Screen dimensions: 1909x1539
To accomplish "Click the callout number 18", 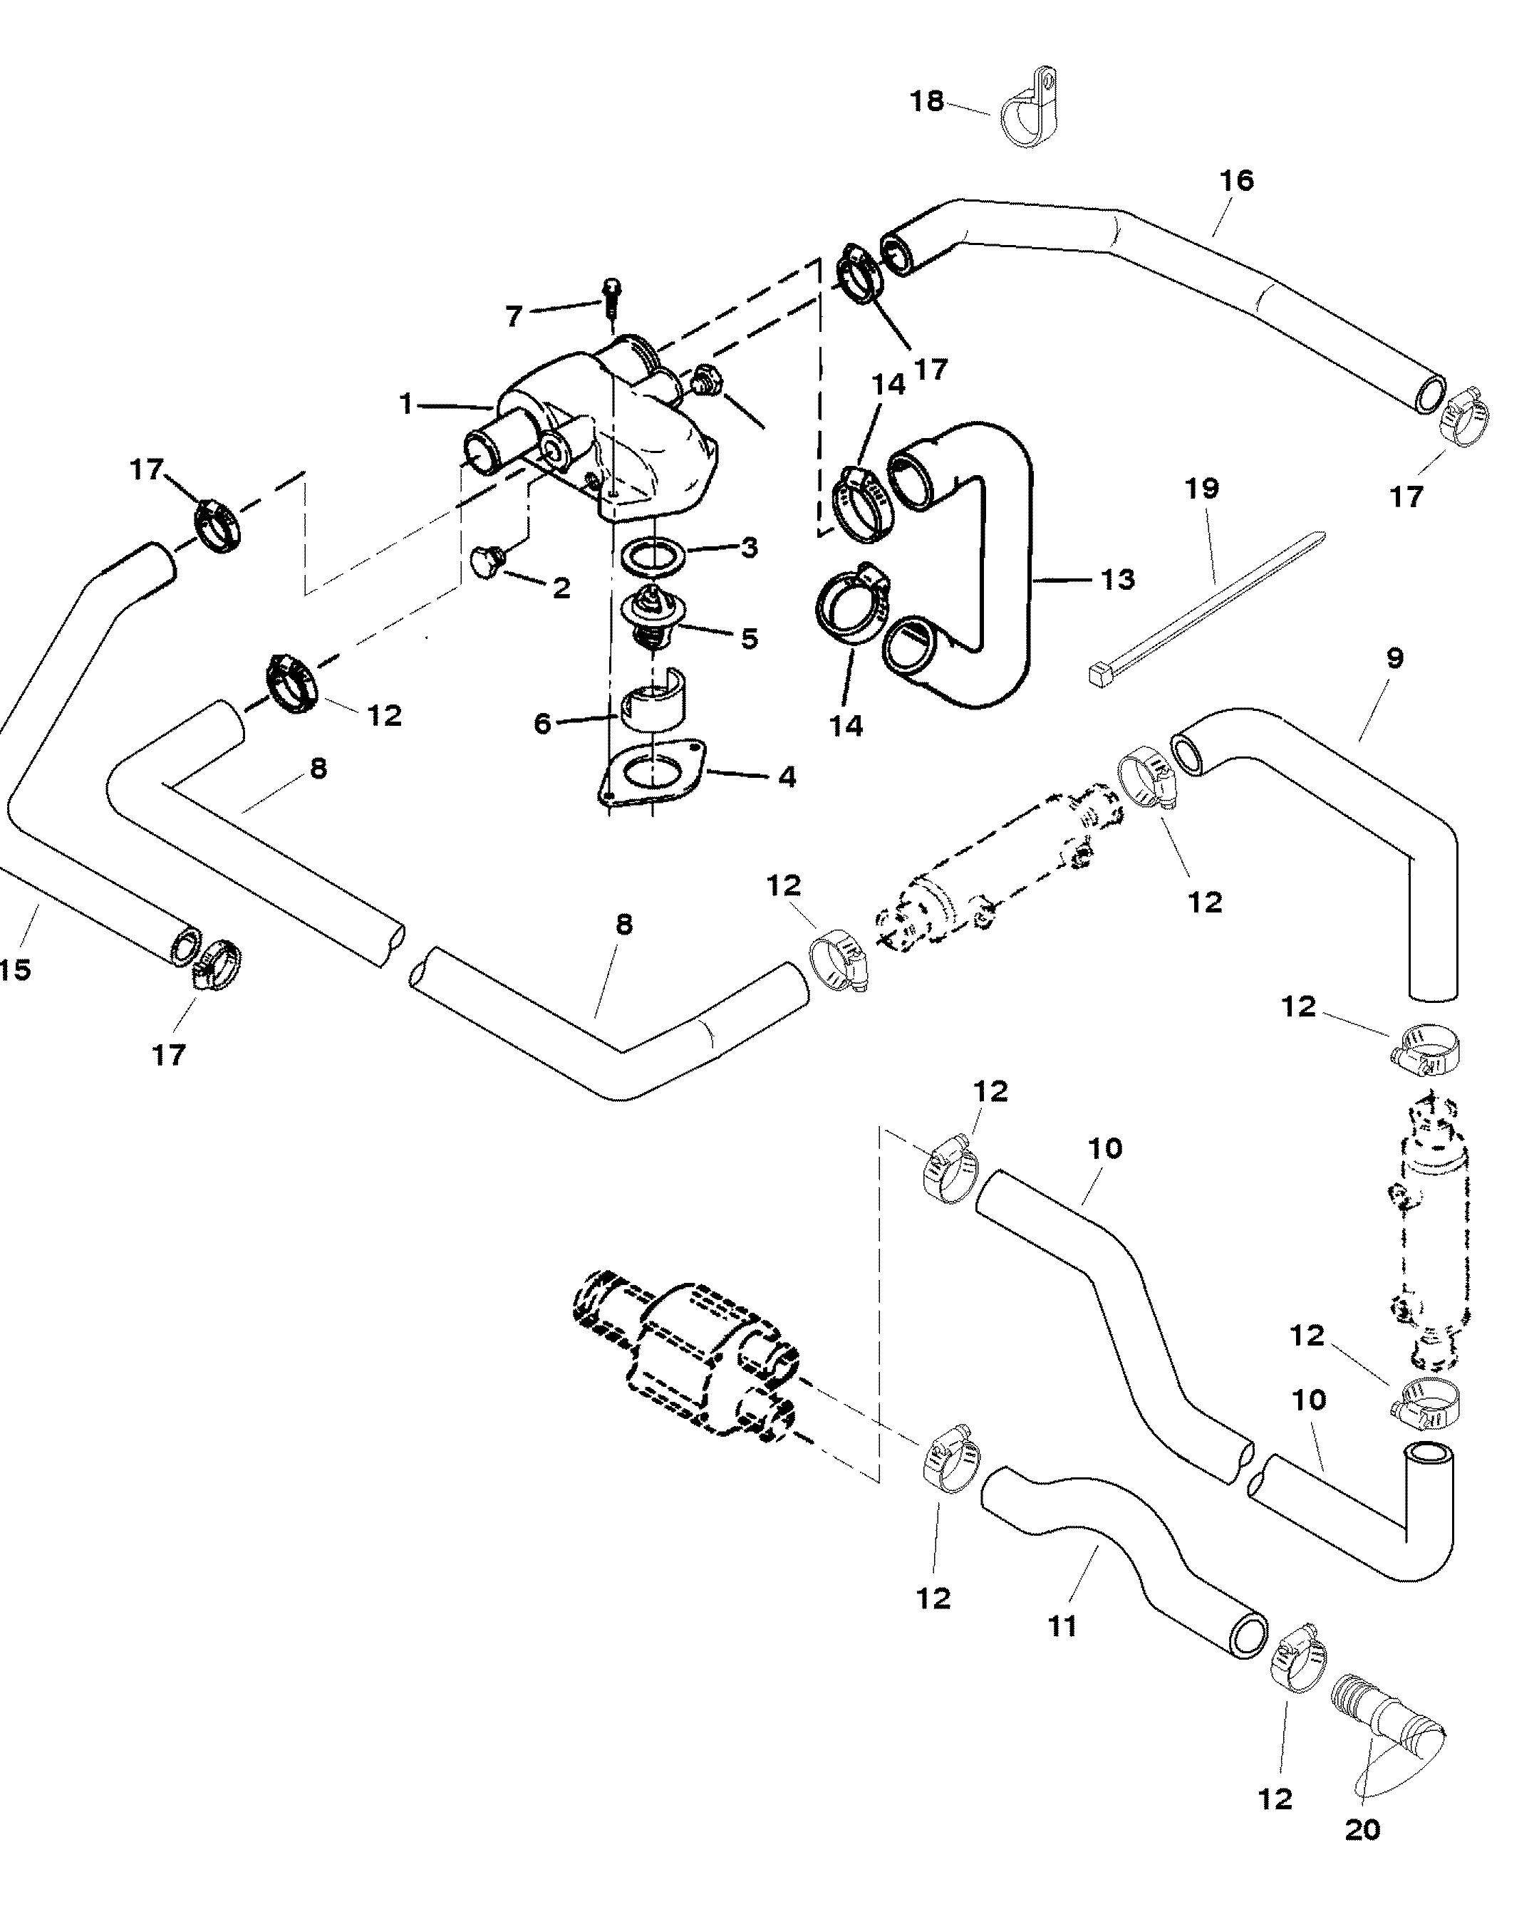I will (927, 102).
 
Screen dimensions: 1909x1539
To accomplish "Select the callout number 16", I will (1237, 181).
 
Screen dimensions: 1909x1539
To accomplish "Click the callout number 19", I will (1202, 489).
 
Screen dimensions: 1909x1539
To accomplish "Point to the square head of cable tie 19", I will (1100, 676).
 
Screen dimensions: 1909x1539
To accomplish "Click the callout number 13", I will (1117, 580).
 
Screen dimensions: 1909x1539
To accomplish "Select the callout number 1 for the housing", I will (406, 405).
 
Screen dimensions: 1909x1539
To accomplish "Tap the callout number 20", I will (1362, 1830).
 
